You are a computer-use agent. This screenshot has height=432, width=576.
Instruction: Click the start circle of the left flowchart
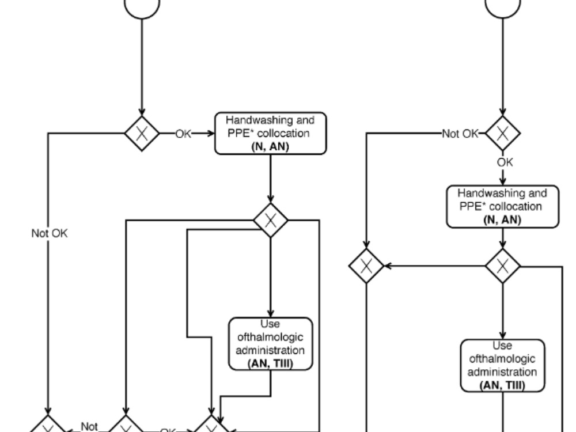pos(142,7)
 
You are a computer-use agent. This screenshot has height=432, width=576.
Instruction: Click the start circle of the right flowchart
pos(503,7)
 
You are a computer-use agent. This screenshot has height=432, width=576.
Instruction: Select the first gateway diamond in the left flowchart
pos(142,133)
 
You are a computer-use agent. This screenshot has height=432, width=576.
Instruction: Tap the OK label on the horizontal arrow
pos(183,134)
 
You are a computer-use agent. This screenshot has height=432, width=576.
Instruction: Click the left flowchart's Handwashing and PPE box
pos(270,133)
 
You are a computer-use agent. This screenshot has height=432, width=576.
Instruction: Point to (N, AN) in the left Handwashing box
pos(270,147)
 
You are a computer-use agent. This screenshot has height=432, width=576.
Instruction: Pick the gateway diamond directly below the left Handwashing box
pos(271,219)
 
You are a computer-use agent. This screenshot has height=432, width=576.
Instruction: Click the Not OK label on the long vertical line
pos(50,234)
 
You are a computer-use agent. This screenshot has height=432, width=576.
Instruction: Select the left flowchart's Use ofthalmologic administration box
pos(270,344)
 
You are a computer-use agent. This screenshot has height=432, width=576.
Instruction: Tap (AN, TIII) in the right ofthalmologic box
pos(502,385)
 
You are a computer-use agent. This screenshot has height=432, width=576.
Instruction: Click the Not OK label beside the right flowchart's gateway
pos(460,134)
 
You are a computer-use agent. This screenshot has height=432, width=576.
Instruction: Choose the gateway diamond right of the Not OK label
pos(503,134)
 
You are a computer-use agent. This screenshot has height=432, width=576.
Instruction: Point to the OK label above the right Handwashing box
pos(505,162)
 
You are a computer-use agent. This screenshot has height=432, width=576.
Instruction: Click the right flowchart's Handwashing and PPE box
pos(503,206)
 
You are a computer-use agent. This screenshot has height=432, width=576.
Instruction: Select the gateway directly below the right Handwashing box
pos(503,266)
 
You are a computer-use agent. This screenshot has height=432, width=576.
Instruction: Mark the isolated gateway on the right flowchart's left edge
pos(367,266)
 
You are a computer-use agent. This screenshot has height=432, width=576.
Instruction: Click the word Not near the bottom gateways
pos(89,426)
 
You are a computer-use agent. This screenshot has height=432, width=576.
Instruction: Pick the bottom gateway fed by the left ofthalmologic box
pos(213,427)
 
